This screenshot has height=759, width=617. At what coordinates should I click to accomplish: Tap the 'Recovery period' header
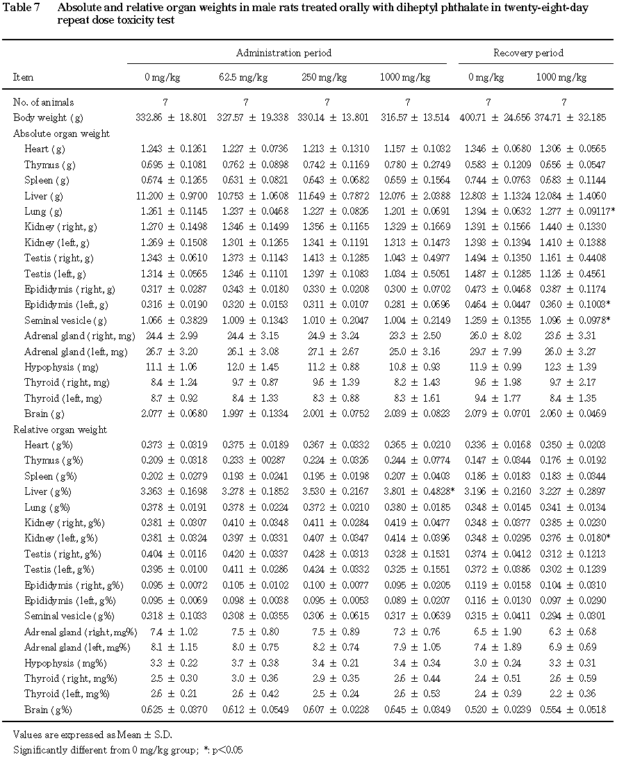click(528, 53)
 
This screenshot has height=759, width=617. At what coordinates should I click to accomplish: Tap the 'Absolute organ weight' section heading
click(61, 133)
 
